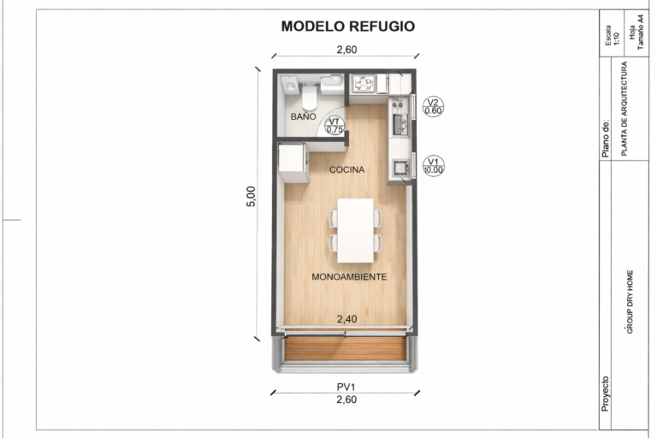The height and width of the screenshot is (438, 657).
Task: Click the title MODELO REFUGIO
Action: point(348,27)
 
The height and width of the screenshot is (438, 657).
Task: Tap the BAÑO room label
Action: point(304,116)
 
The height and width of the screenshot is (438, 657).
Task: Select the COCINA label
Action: point(347,169)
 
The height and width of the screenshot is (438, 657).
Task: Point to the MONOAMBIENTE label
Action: point(349,277)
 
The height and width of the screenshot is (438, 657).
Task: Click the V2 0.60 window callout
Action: point(433,107)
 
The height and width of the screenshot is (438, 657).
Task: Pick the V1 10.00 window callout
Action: point(433,166)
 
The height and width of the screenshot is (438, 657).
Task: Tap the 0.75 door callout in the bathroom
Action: point(334,126)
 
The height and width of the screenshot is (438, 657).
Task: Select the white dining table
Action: point(356,230)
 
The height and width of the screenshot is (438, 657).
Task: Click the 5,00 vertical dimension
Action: point(251,197)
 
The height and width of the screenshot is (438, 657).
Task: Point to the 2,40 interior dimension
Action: point(347,319)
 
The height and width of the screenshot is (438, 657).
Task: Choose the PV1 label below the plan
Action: point(346,387)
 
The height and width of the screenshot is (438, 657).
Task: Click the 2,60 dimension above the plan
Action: point(347,50)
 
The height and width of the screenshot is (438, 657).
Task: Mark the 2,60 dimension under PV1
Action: point(346,400)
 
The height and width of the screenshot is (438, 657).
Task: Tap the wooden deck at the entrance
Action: point(346,349)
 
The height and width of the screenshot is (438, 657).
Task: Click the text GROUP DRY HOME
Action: point(630,302)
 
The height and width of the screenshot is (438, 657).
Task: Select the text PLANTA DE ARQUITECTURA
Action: point(624,109)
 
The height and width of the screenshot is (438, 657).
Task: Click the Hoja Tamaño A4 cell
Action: point(636,33)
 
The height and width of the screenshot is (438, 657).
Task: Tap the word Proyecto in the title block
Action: point(605,394)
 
